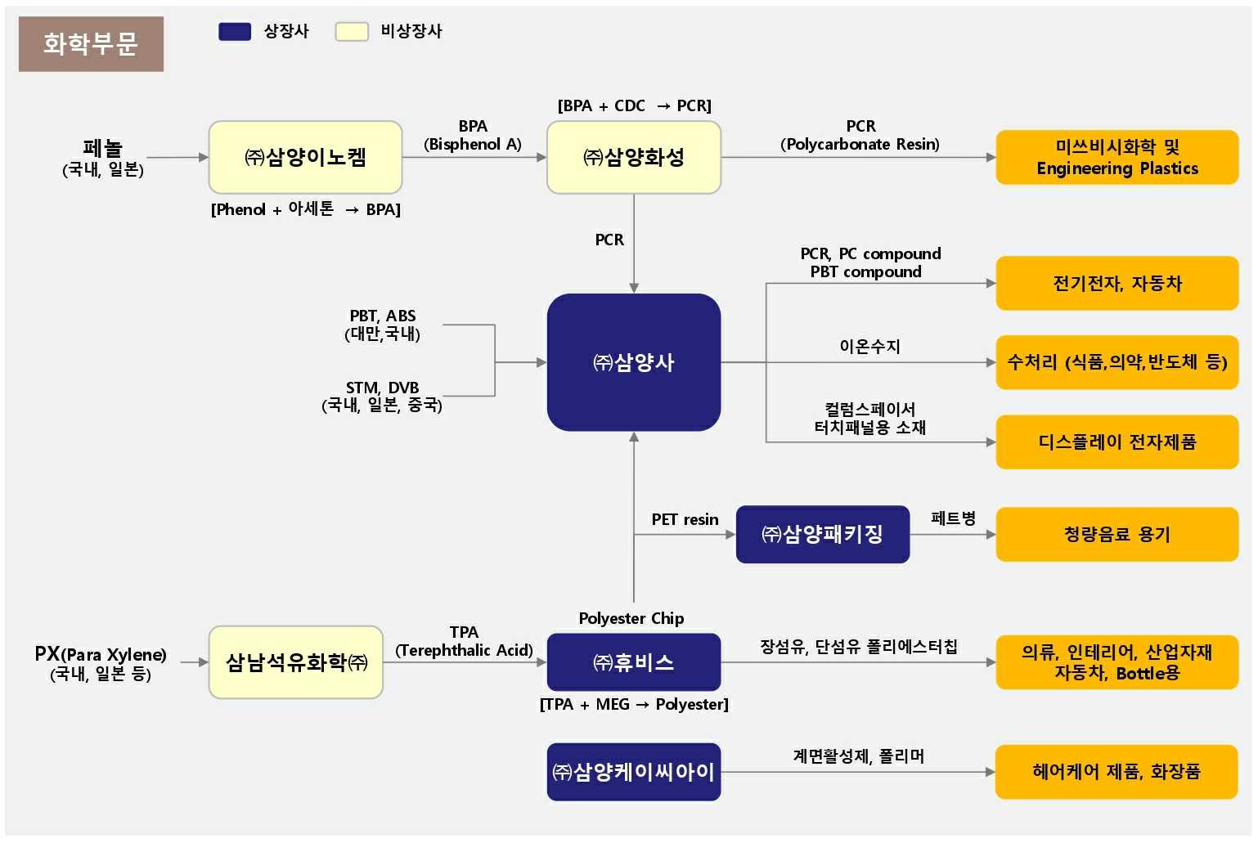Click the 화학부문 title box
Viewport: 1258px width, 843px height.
[91, 44]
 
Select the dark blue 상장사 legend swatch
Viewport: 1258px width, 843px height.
[235, 32]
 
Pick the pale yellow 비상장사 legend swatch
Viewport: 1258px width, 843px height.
[352, 32]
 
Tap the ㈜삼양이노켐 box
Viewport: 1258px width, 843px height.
[305, 157]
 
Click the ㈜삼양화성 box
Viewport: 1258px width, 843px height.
[634, 157]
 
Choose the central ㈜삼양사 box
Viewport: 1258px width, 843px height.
[634, 362]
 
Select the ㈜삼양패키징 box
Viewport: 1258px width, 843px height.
[822, 535]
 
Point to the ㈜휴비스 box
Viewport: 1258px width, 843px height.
[634, 662]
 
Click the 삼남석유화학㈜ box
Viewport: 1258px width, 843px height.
[296, 662]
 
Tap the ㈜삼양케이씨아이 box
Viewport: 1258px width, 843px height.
[634, 772]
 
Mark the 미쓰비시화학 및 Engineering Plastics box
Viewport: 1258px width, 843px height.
[1116, 158]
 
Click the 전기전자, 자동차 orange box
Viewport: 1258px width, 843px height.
[1116, 284]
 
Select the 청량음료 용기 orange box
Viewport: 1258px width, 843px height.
[1116, 535]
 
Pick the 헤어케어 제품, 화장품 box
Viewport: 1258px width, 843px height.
[1116, 772]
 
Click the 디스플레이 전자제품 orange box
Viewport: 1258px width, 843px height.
[1116, 442]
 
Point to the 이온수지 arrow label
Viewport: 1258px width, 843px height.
[869, 347]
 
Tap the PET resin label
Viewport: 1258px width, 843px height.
[685, 520]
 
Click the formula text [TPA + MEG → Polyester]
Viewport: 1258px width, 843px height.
[634, 705]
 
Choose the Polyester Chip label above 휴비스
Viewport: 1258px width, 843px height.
[631, 619]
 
